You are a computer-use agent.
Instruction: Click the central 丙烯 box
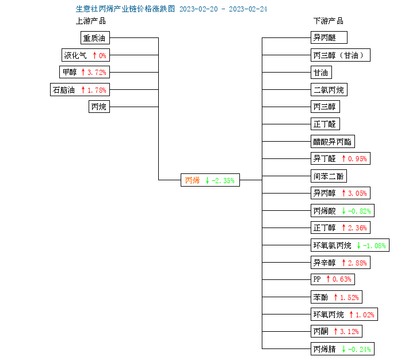tap(210, 180)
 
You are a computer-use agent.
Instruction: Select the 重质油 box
tap(95, 38)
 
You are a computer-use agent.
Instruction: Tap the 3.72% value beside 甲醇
tap(97, 72)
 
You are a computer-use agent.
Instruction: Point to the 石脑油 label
tap(63, 90)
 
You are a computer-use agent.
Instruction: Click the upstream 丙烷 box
tap(99, 107)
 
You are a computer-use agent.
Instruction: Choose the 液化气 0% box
tap(86, 55)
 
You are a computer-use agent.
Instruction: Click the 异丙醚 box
tap(329, 37)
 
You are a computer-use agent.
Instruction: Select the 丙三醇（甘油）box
tap(341, 55)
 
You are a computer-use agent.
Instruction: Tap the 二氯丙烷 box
tap(329, 90)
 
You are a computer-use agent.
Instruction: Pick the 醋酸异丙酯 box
tap(333, 141)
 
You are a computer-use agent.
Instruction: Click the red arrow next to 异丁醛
tap(343, 158)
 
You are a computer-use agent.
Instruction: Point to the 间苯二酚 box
tap(329, 176)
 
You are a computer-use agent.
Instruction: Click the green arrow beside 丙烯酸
tap(343, 211)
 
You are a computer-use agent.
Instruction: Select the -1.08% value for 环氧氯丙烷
tap(374, 246)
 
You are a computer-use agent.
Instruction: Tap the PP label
tap(317, 279)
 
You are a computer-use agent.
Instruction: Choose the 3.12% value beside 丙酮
tap(349, 332)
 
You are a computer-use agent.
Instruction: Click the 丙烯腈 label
tap(324, 349)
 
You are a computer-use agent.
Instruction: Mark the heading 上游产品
tap(91, 21)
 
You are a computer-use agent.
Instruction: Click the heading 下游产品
tap(329, 21)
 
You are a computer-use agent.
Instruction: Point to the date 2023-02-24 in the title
tap(248, 9)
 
